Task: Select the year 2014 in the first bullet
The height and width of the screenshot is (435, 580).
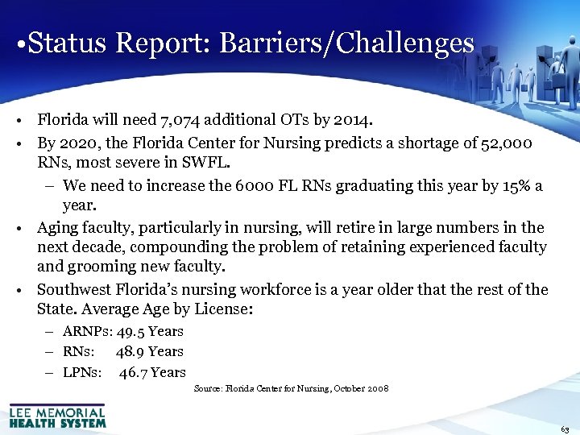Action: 352,121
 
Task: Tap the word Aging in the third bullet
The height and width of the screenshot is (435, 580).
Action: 60,228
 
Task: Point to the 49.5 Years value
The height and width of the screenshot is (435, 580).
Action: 150,331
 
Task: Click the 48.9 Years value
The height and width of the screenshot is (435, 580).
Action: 149,351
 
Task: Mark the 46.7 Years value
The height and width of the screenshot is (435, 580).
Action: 152,372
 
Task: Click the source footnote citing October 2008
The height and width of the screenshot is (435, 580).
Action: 291,388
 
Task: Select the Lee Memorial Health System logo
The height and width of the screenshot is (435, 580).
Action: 57,416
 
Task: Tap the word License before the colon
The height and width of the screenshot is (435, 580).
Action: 226,309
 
